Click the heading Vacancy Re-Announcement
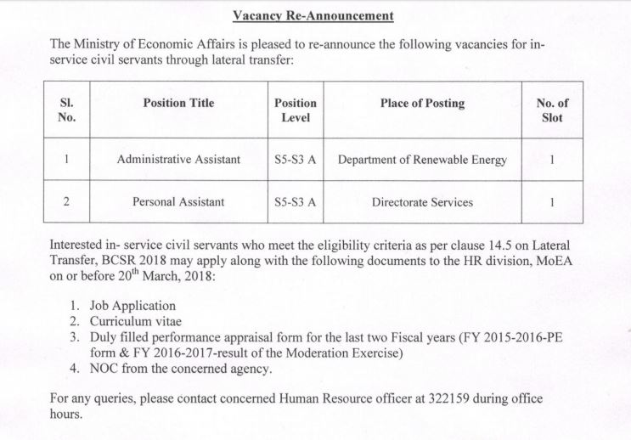pyautogui.click(x=314, y=16)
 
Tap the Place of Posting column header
pyautogui.click(x=422, y=104)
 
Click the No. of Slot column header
pyautogui.click(x=552, y=110)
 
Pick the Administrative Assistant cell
pyautogui.click(x=178, y=159)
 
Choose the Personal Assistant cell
pyautogui.click(x=178, y=202)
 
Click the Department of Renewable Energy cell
pyautogui.click(x=422, y=159)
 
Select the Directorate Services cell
pyautogui.click(x=422, y=202)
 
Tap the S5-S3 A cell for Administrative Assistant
pyautogui.click(x=296, y=159)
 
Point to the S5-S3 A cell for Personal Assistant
pyautogui.click(x=296, y=202)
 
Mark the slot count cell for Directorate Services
pyautogui.click(x=552, y=202)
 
